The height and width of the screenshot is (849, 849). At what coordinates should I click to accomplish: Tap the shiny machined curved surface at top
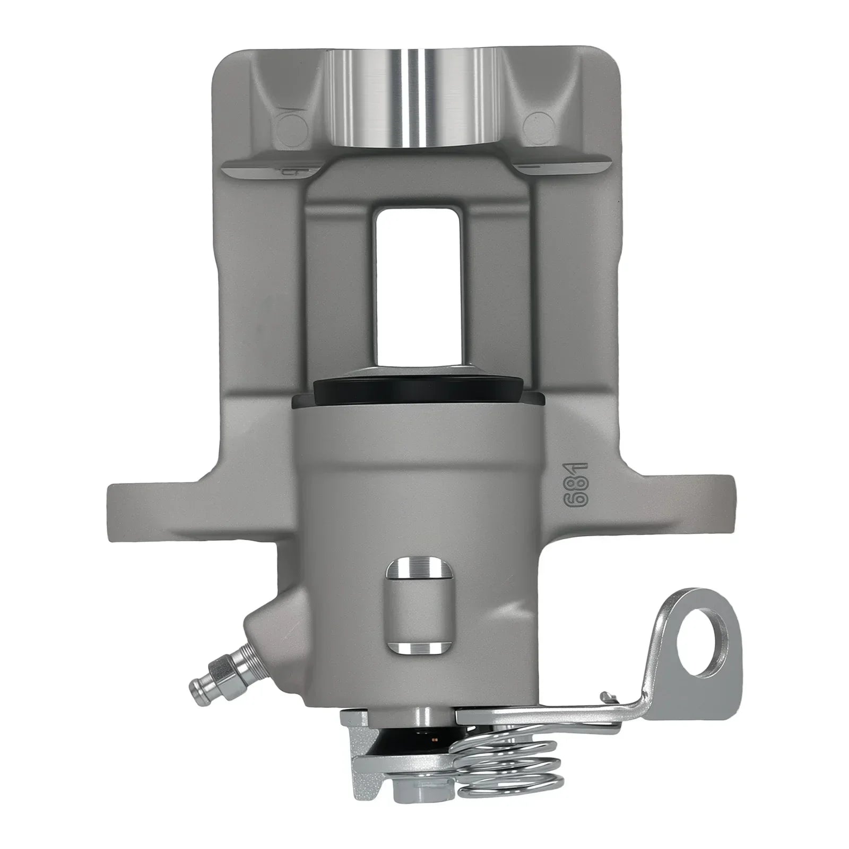tap(414, 98)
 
